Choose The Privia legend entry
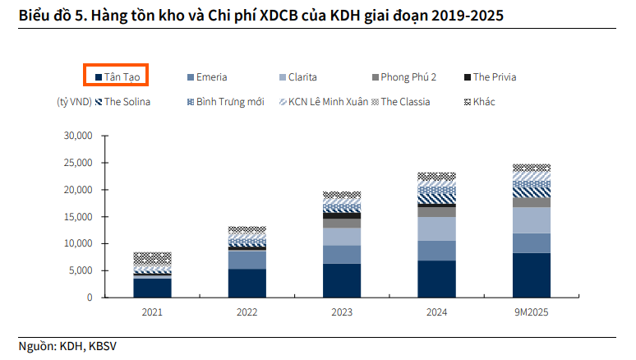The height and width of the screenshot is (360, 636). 491,77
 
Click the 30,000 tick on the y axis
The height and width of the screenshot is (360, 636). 80,136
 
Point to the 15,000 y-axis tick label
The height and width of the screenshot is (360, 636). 80,216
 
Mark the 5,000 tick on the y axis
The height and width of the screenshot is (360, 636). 82,270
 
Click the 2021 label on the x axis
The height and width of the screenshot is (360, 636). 152,312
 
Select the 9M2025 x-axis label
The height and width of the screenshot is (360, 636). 531,312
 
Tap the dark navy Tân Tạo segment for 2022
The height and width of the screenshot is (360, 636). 247,283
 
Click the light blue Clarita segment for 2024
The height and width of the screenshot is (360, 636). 437,228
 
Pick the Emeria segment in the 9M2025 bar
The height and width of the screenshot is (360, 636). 531,243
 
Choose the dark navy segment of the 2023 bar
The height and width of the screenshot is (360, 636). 342,280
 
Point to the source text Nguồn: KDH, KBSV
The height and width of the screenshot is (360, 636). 67,346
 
